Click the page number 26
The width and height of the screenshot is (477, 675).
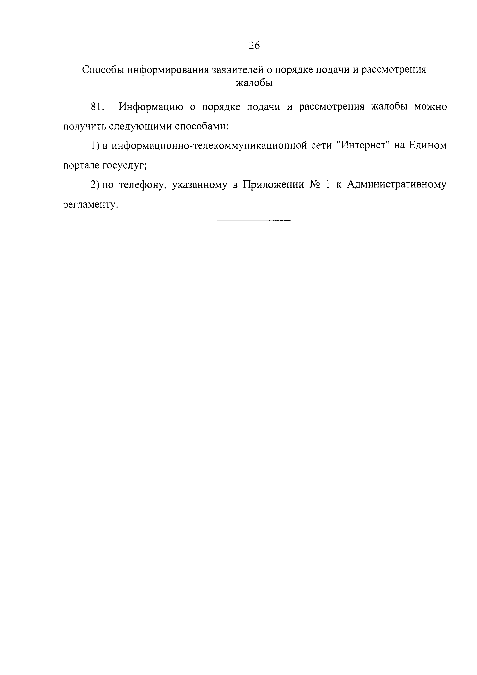[254, 46]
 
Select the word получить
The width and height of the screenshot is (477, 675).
[83, 126]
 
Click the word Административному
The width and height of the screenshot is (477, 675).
[396, 185]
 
